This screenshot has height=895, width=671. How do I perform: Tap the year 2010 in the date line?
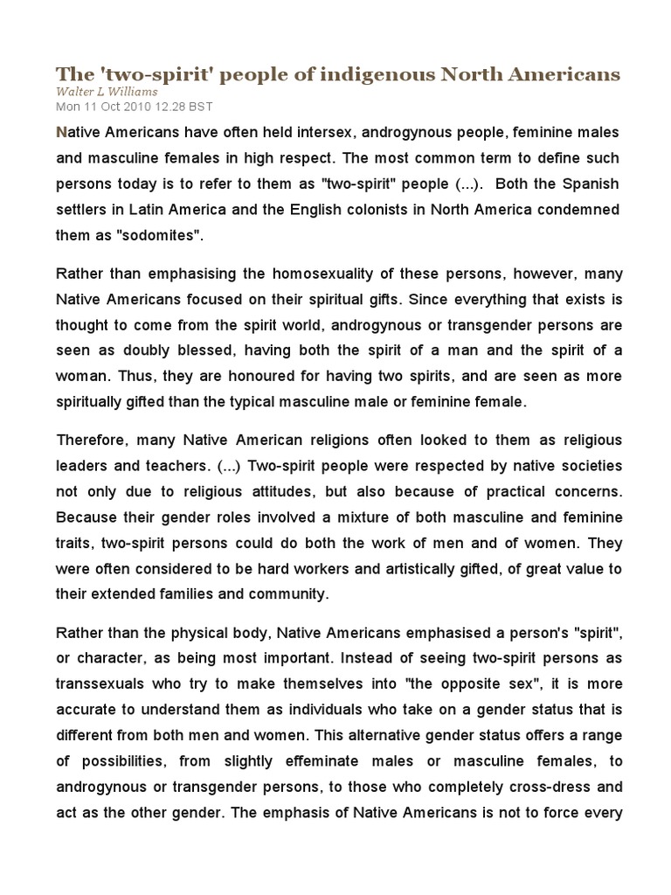click(135, 106)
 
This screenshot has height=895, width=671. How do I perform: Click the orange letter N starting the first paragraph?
click(61, 132)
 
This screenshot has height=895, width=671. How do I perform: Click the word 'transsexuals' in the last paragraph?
click(99, 683)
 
